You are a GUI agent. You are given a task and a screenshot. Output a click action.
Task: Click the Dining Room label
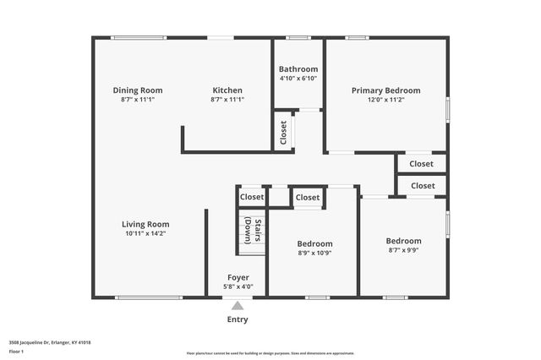(x=138, y=90)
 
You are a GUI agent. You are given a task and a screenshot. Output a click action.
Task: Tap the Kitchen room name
(x=227, y=90)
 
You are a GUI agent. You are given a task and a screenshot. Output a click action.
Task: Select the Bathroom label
(x=298, y=69)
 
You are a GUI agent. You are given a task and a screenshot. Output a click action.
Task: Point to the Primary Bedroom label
(x=385, y=90)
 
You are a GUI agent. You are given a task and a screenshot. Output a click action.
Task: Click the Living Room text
(x=145, y=224)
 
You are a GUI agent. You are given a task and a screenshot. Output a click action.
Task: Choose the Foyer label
(x=238, y=277)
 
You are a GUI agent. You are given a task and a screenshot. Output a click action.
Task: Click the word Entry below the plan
(x=238, y=319)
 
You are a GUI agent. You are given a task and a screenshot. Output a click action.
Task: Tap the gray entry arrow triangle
(x=238, y=306)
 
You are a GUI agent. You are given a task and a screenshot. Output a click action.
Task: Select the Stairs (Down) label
(x=253, y=231)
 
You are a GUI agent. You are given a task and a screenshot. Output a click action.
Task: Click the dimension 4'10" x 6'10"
(x=298, y=79)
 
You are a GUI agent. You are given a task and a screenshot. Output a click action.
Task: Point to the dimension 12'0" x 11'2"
(x=385, y=100)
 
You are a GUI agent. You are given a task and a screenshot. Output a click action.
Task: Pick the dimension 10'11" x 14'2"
(x=145, y=233)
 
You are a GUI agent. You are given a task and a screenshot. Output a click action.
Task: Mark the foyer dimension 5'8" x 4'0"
(x=238, y=286)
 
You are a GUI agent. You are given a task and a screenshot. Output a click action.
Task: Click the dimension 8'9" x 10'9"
(x=314, y=253)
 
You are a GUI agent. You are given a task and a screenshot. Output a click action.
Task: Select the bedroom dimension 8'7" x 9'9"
(x=403, y=249)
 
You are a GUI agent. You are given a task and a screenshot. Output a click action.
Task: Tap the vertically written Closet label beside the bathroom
(x=283, y=133)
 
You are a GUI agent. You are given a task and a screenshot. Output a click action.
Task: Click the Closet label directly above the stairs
(x=251, y=197)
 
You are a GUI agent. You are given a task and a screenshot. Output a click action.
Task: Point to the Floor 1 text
(x=17, y=351)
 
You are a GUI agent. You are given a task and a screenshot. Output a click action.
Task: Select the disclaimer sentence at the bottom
(x=270, y=352)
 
